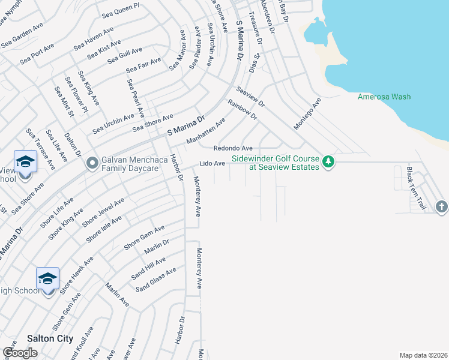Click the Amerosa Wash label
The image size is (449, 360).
tap(384, 97)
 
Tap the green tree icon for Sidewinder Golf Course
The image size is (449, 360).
tap(328, 162)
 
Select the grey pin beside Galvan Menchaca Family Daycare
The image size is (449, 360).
tap(92, 163)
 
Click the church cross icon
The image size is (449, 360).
tap(442, 207)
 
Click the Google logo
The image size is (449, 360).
tap(20, 353)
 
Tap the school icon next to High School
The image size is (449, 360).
tap(47, 278)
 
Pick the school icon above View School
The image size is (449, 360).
tap(25, 161)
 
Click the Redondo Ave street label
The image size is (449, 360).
tap(233, 148)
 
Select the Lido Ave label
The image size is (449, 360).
tap(212, 163)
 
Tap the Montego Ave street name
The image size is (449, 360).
tap(307, 114)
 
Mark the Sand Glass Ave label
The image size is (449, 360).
tap(155, 280)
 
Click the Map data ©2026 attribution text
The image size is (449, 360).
tap(424, 355)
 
